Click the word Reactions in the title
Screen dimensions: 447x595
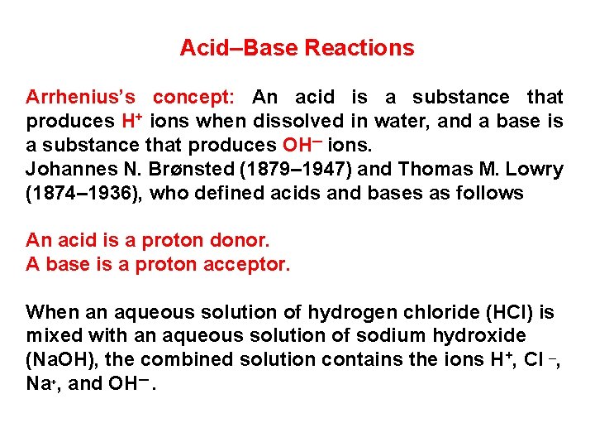(x=359, y=48)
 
